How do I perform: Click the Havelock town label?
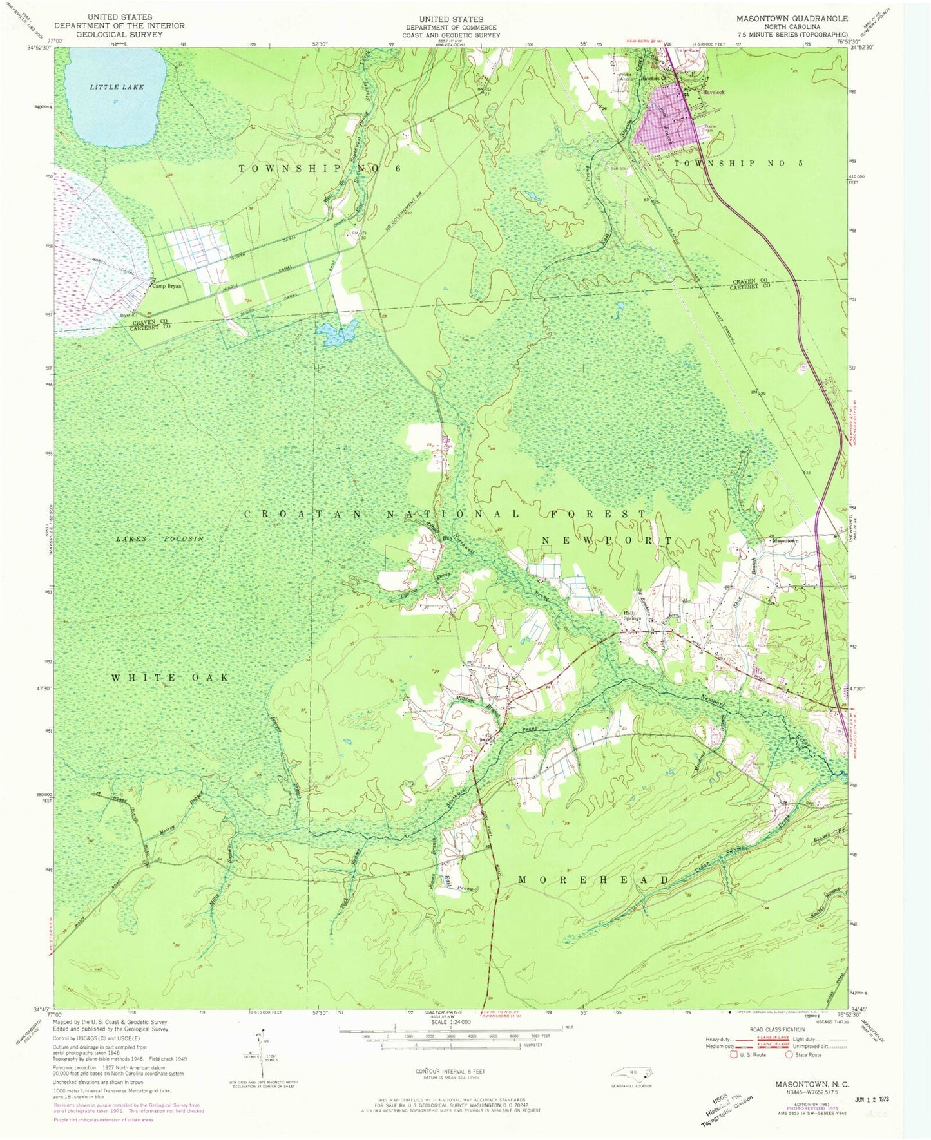(713, 92)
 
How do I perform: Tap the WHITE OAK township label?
(171, 678)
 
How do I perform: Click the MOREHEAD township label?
(594, 880)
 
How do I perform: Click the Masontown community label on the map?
(785, 541)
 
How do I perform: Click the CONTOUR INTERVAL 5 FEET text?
(450, 1072)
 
